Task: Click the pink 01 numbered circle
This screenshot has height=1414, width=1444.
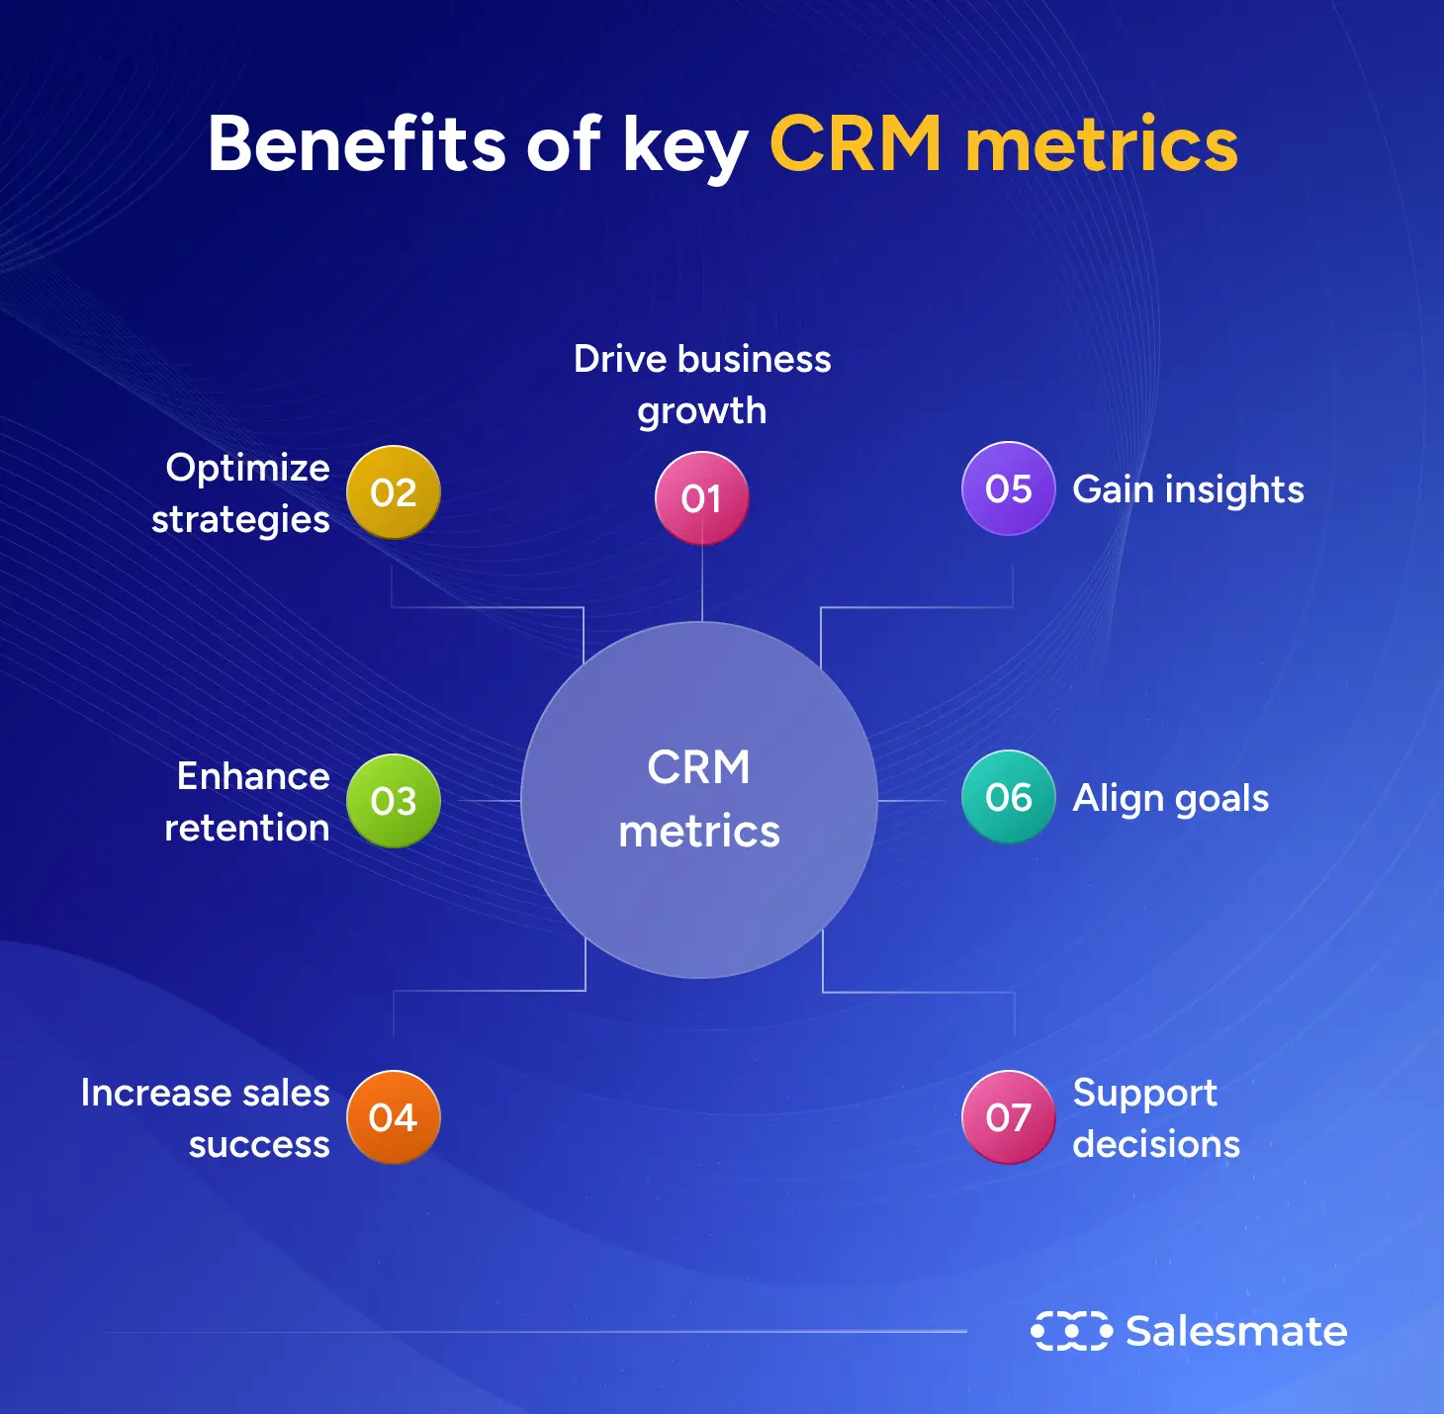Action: pyautogui.click(x=701, y=498)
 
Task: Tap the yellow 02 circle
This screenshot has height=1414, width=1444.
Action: pyautogui.click(x=394, y=492)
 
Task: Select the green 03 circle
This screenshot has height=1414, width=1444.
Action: pyautogui.click(x=394, y=801)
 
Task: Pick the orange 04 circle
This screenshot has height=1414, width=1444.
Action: pyautogui.click(x=394, y=1117)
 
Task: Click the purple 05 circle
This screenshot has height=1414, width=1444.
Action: pyautogui.click(x=1009, y=488)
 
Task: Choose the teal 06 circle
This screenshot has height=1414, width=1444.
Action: pyautogui.click(x=1009, y=797)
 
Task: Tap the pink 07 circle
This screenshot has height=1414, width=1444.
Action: pyautogui.click(x=1009, y=1117)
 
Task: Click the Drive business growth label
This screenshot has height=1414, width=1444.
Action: pyautogui.click(x=702, y=385)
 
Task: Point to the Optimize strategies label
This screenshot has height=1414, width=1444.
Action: pyautogui.click(x=241, y=493)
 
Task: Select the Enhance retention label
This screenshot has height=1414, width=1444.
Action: pyautogui.click(x=248, y=802)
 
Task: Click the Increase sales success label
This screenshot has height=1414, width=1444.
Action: pyautogui.click(x=206, y=1118)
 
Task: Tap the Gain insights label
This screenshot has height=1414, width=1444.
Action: pyautogui.click(x=1188, y=489)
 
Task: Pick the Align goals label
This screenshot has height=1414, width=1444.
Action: pyautogui.click(x=1170, y=798)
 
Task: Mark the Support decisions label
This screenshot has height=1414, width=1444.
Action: pyautogui.click(x=1155, y=1118)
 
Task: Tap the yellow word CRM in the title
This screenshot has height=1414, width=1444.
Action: pyautogui.click(x=856, y=144)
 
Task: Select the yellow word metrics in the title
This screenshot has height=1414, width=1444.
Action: pyautogui.click(x=1101, y=144)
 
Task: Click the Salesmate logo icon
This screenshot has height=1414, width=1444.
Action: pyautogui.click(x=1071, y=1331)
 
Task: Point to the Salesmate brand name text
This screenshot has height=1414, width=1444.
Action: pyautogui.click(x=1236, y=1331)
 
